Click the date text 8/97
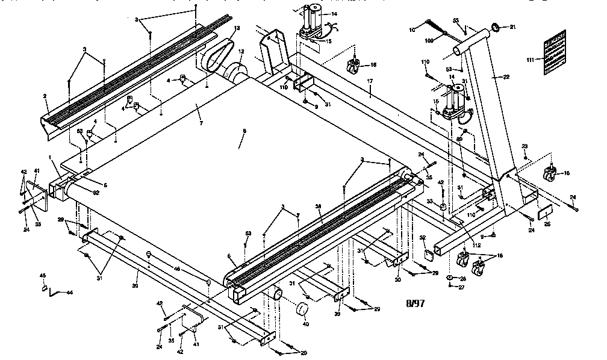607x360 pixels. (416, 303)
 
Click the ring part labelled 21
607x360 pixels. (496, 27)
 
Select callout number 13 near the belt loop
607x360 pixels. (237, 29)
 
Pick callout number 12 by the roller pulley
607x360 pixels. (241, 52)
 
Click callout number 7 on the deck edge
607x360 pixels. (201, 123)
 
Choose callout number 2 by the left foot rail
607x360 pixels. (45, 96)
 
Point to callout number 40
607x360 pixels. (305, 324)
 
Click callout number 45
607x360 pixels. (42, 276)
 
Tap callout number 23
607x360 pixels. (525, 146)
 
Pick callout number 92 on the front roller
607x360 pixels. (96, 193)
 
